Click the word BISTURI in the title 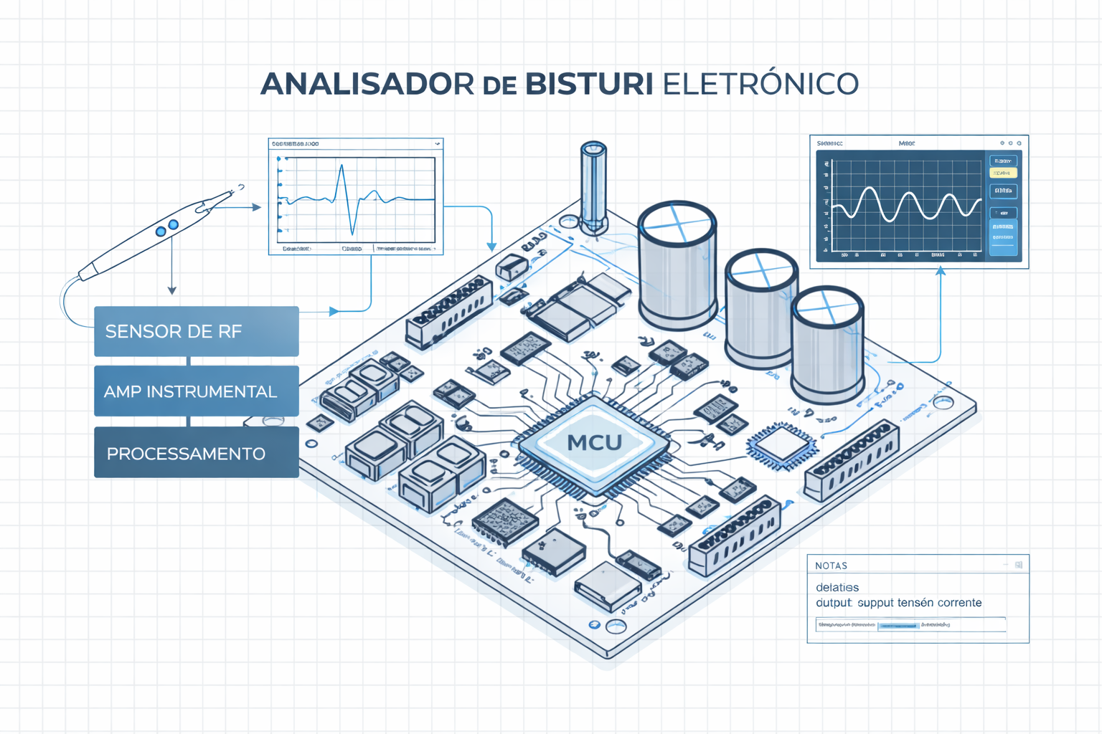click(x=588, y=84)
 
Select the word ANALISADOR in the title click(x=367, y=84)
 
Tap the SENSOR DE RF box click(x=196, y=331)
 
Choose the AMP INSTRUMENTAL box click(x=196, y=391)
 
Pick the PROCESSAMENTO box click(x=196, y=453)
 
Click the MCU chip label click(x=594, y=442)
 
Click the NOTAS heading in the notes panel click(x=831, y=566)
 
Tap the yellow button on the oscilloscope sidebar click(x=1002, y=173)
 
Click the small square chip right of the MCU click(x=782, y=446)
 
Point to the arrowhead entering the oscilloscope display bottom click(x=941, y=271)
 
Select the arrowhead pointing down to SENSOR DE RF click(x=172, y=290)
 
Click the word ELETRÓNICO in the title click(x=760, y=84)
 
